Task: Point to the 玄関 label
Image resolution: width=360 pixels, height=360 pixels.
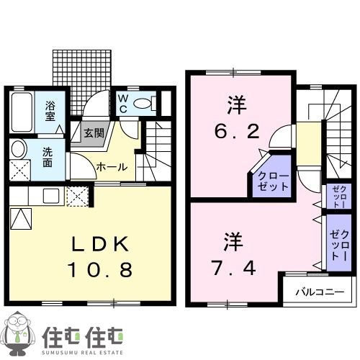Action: click(92, 132)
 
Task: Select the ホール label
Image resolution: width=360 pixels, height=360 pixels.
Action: click(112, 167)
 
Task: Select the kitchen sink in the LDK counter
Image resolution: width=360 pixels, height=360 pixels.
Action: click(51, 195)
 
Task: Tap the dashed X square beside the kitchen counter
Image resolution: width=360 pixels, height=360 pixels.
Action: click(76, 196)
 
